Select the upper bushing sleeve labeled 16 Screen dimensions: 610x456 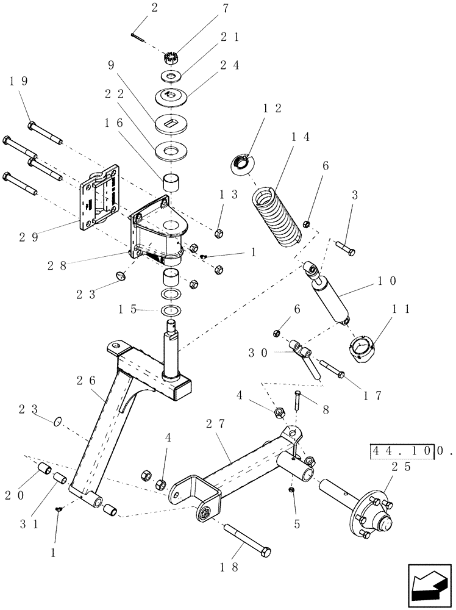171,182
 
